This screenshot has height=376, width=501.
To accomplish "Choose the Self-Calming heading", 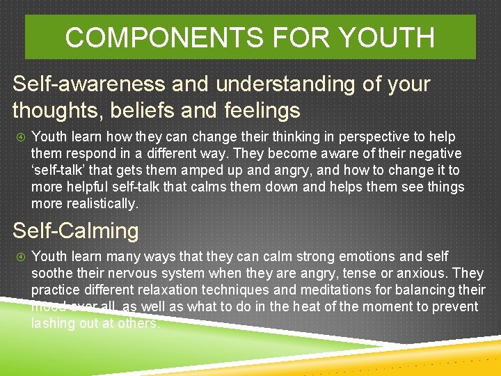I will tap(76, 230).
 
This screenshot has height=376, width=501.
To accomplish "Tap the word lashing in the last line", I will tap(52, 324).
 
